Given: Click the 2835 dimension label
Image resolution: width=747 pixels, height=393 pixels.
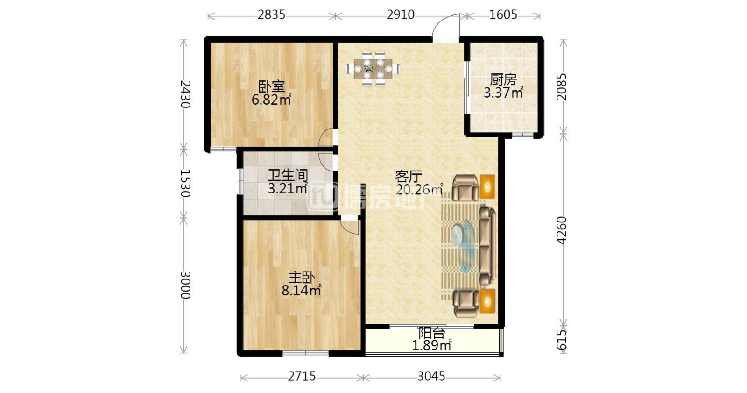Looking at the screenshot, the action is click(271, 14).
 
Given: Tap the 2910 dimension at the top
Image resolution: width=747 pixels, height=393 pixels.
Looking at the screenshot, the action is click(400, 14).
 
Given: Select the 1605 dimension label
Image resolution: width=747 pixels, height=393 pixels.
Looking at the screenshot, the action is click(503, 14).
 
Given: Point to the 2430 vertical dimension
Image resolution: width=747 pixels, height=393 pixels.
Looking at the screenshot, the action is click(184, 94).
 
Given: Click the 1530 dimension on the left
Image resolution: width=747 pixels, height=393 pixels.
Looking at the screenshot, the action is click(184, 183).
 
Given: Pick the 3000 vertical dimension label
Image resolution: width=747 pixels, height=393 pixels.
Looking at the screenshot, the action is click(184, 285).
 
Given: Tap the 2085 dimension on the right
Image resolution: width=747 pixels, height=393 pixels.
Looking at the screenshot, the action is click(562, 86).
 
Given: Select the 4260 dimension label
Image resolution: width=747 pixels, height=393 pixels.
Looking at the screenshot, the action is click(562, 230).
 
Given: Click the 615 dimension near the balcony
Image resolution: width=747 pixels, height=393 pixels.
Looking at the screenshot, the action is click(562, 339).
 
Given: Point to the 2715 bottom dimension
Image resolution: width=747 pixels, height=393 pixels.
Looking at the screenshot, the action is click(302, 376).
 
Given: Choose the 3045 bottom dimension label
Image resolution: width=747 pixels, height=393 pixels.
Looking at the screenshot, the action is click(431, 376).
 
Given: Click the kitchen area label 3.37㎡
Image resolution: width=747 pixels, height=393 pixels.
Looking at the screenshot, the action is click(503, 93).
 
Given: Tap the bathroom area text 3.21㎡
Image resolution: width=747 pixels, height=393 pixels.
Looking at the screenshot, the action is click(288, 189).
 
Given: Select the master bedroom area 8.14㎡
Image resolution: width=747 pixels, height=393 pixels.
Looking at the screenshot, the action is click(301, 291).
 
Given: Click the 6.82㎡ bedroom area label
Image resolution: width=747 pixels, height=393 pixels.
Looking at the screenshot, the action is click(271, 100).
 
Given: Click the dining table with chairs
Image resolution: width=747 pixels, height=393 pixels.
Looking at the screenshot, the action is click(373, 69).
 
